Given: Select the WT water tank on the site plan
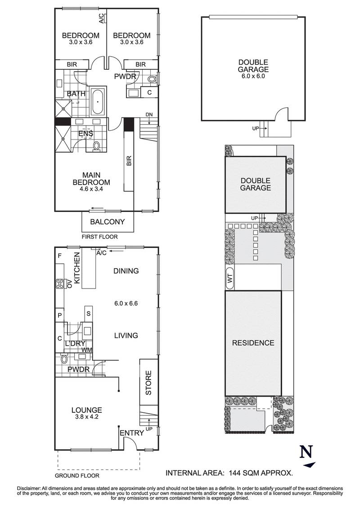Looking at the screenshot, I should click(230, 279).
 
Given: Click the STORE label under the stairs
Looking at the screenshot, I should click(149, 383).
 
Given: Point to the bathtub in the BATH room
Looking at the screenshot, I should click(98, 102).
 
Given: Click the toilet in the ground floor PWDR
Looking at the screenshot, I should click(64, 359).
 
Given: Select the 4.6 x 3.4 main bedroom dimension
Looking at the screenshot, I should click(91, 189).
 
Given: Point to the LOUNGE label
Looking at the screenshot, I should click(86, 410).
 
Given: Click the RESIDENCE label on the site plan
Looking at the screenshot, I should click(253, 343).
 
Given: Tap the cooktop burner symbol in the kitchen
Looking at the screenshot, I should click(59, 284).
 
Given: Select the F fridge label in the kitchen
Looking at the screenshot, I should click(59, 256).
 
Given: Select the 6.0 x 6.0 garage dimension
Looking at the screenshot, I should click(253, 77).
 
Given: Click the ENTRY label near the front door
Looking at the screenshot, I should click(131, 433).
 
